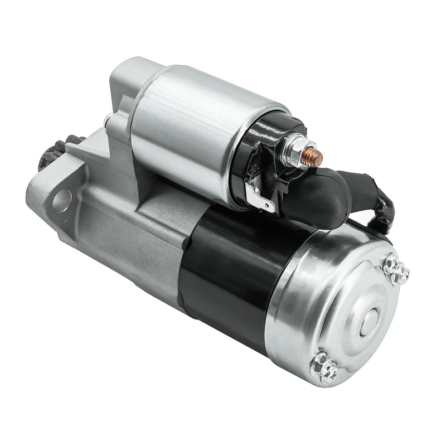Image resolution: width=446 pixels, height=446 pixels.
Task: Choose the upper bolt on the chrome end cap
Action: click(396, 270)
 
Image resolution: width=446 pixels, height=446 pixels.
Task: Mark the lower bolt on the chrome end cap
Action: click(324, 366)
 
